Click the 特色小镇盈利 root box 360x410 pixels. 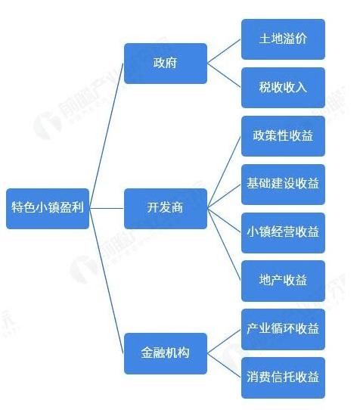tap(48, 208)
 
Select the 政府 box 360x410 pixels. tap(166, 64)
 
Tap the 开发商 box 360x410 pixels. tap(166, 208)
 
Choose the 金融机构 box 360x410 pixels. tap(166, 353)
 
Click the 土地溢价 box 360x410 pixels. tap(283, 39)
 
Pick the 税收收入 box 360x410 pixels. tap(283, 88)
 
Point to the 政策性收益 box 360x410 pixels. tap(283, 136)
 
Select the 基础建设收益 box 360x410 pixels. tap(283, 185)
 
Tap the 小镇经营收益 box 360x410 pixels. tap(283, 233)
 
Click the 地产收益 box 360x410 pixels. tap(283, 281)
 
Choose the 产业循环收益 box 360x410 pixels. tap(283, 329)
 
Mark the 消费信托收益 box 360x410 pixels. tap(283, 377)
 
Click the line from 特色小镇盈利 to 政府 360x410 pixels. tap(106, 135)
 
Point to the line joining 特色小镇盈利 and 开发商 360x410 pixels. tap(107, 208)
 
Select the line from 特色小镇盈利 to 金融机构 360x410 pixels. tap(106, 281)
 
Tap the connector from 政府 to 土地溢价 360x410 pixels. tap(224, 51)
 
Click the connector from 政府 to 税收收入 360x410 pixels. tap(224, 76)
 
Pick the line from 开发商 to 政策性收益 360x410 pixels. tap(224, 172)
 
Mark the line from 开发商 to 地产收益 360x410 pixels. tap(224, 244)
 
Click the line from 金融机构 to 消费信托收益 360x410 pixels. tap(224, 365)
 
